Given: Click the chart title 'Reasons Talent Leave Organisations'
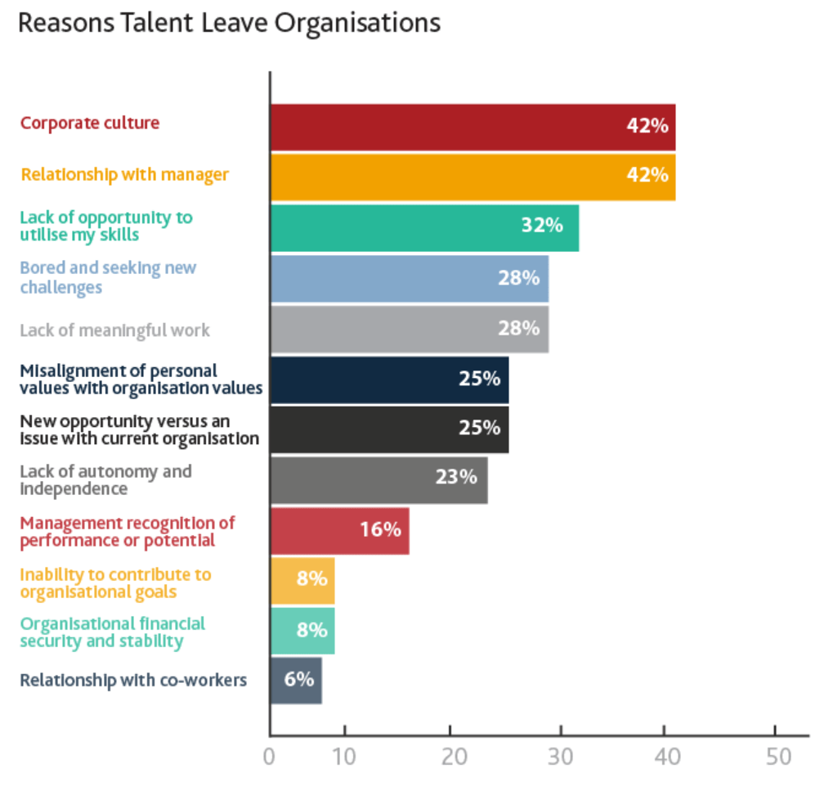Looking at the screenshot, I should (x=229, y=23).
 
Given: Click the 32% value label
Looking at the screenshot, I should (x=542, y=225).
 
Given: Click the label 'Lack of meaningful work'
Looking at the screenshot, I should (x=114, y=330).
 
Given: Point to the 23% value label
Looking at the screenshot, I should (x=456, y=476).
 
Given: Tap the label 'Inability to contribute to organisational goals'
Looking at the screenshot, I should (x=115, y=583).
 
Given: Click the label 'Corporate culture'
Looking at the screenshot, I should (x=90, y=124).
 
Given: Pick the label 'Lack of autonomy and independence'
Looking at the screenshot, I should (x=105, y=480).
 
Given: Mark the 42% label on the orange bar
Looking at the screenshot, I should (x=647, y=175).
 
